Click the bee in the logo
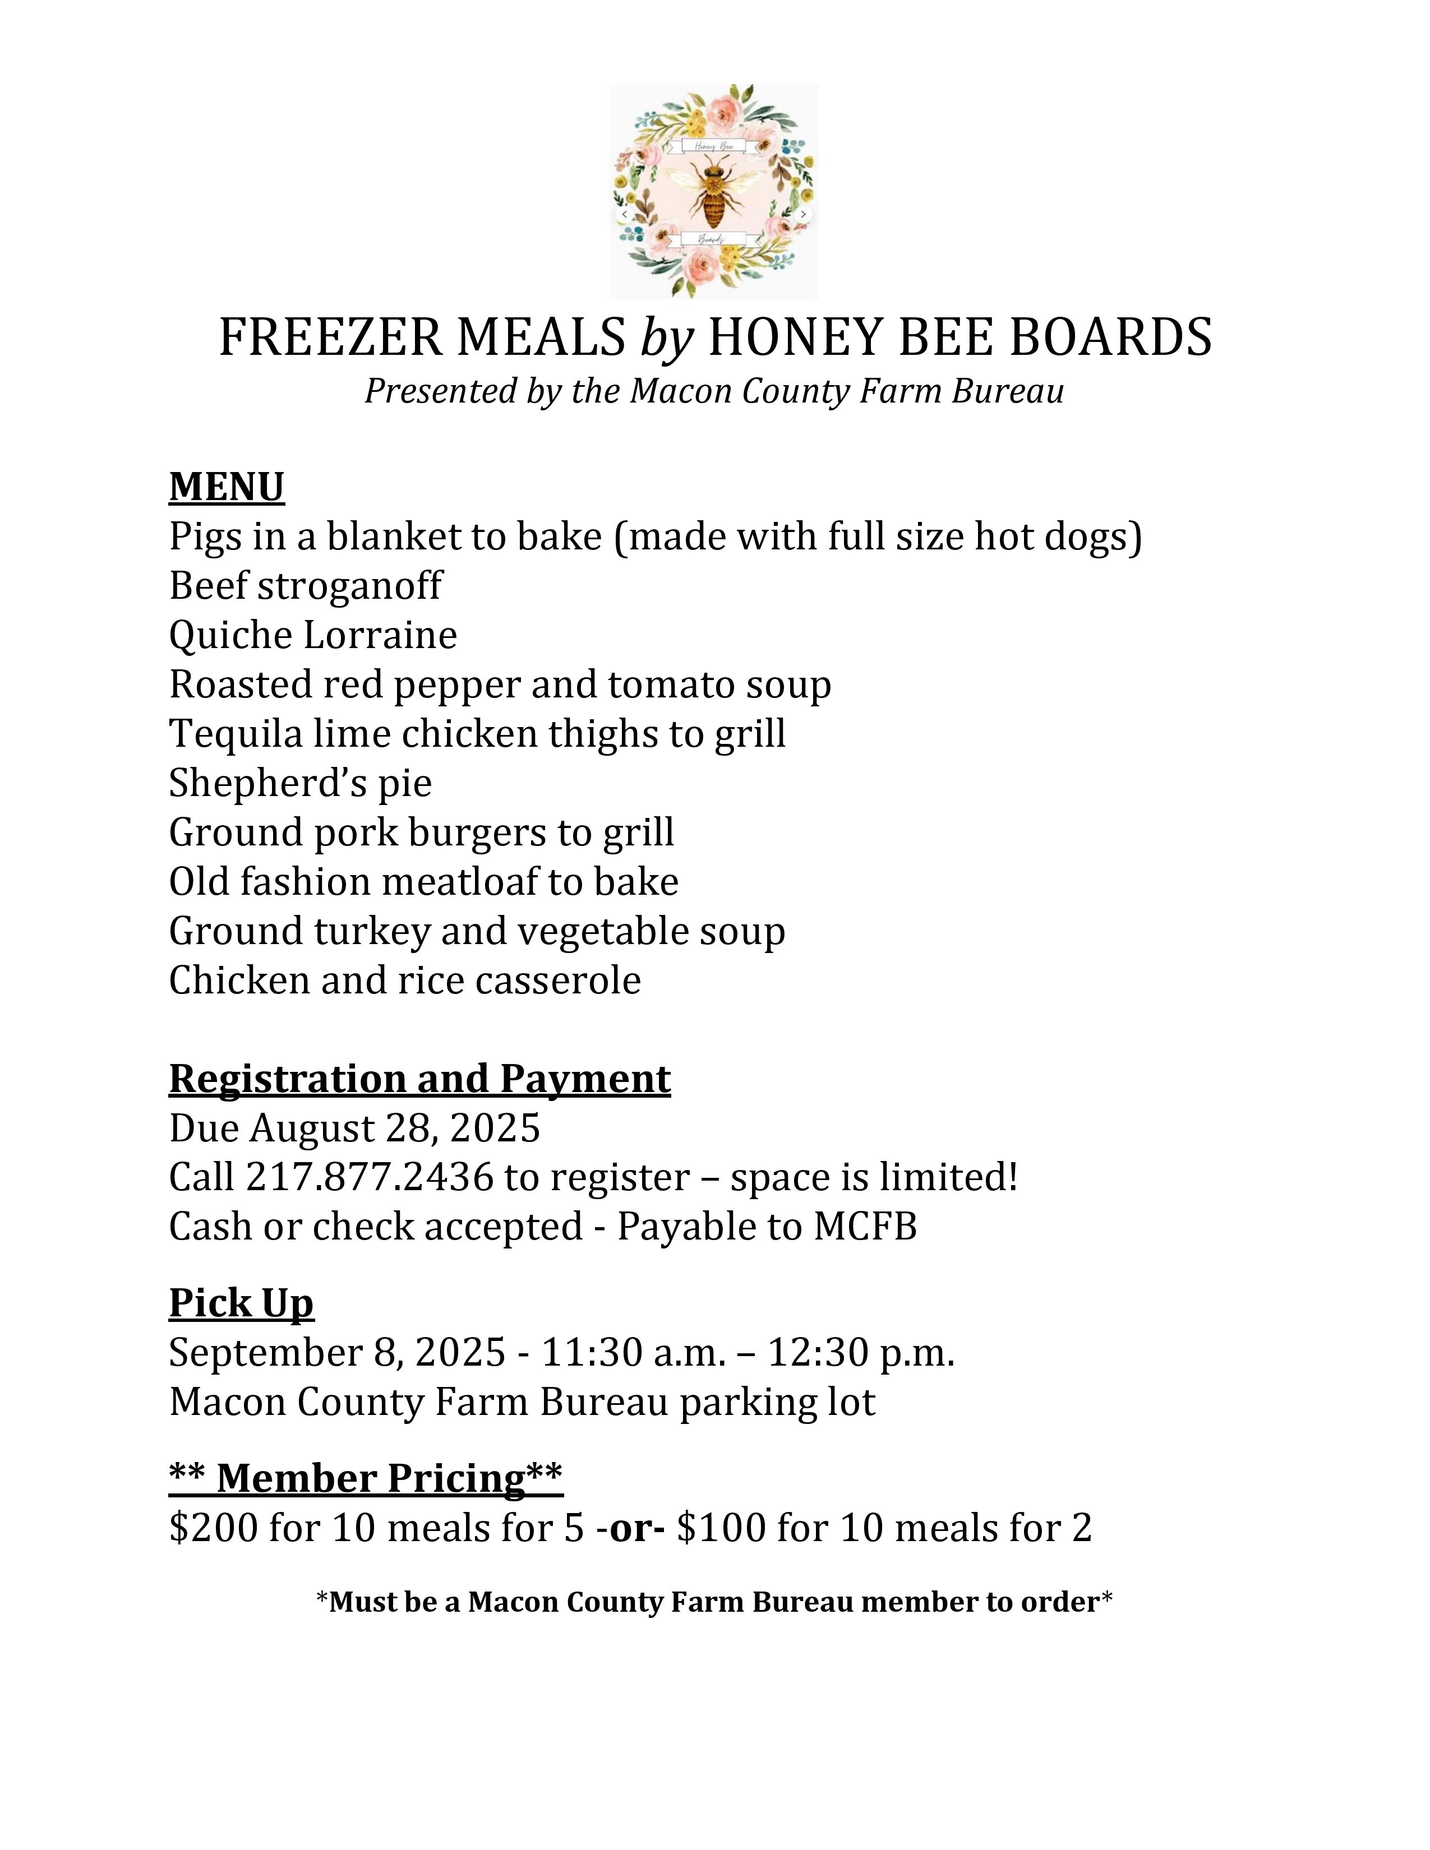click(x=713, y=193)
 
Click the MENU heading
click(x=226, y=487)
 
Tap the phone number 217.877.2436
click(x=370, y=1177)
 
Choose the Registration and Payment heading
click(x=419, y=1079)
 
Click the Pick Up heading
click(x=242, y=1303)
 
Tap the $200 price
click(x=213, y=1528)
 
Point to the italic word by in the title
click(x=666, y=339)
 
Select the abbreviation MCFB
click(x=865, y=1227)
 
